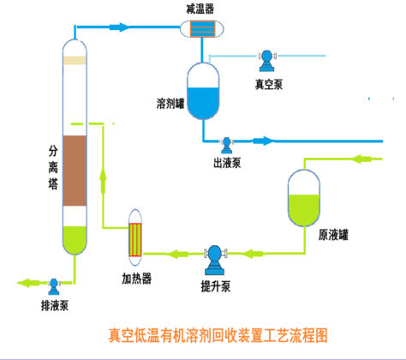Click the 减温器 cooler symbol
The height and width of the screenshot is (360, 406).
[x=202, y=29]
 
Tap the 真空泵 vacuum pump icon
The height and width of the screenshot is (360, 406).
[x=267, y=61]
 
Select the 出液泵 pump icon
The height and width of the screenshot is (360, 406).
[x=227, y=145]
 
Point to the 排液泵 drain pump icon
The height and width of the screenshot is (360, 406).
[x=54, y=286]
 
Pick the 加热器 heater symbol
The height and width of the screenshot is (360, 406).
[x=135, y=237]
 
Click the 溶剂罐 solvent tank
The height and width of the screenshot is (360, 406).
[x=203, y=91]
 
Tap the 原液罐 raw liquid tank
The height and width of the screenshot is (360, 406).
[x=304, y=198]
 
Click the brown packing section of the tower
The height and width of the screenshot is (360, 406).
[x=75, y=171]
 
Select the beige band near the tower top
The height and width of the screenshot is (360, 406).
[x=75, y=60]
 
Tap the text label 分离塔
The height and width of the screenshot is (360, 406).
[x=53, y=167]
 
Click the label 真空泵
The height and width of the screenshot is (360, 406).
[x=269, y=84]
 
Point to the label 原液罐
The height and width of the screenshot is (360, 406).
[x=333, y=235]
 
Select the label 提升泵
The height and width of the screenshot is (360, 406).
[x=216, y=286]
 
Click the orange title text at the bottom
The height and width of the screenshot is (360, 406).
[x=218, y=335]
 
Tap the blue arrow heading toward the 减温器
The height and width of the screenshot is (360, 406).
[x=119, y=27]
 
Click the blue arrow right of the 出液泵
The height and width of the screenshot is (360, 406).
[x=264, y=141]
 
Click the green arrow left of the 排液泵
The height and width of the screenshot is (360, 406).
[x=29, y=283]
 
